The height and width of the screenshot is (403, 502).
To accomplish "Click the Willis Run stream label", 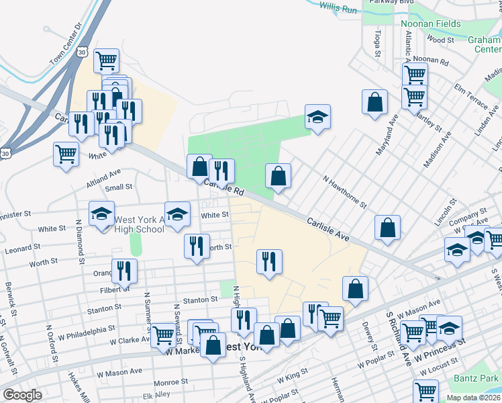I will [x=338, y=9].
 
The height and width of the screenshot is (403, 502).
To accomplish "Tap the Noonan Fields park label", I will [x=431, y=24].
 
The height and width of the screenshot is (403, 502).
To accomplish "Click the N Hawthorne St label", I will [x=345, y=192].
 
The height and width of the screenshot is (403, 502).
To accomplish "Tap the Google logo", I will [x=22, y=395].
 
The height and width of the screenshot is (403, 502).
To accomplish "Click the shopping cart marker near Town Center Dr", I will [x=107, y=60].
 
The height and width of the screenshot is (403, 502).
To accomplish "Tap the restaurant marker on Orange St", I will [x=124, y=271].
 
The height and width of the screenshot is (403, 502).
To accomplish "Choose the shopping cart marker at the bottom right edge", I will [x=425, y=391].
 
